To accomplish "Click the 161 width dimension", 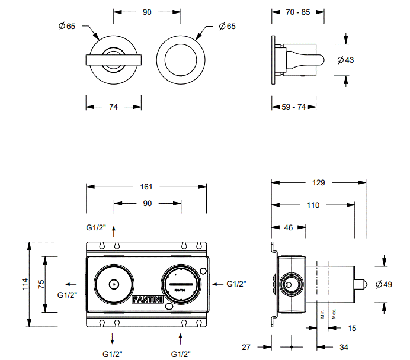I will point(146,187).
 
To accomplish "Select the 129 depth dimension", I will point(318,183).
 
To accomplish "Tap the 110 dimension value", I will point(313,205).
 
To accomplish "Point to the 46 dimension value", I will point(289,227).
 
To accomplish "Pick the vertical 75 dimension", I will point(41,284).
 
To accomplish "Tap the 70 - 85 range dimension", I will point(297,11).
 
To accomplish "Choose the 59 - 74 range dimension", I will point(293,107).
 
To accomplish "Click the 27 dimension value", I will point(247,346).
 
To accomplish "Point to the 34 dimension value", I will point(344,346).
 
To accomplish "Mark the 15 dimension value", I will point(352,327).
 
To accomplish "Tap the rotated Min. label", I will point(322,313).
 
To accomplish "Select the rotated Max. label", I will point(334,313).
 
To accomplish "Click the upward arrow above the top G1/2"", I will point(114,229).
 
